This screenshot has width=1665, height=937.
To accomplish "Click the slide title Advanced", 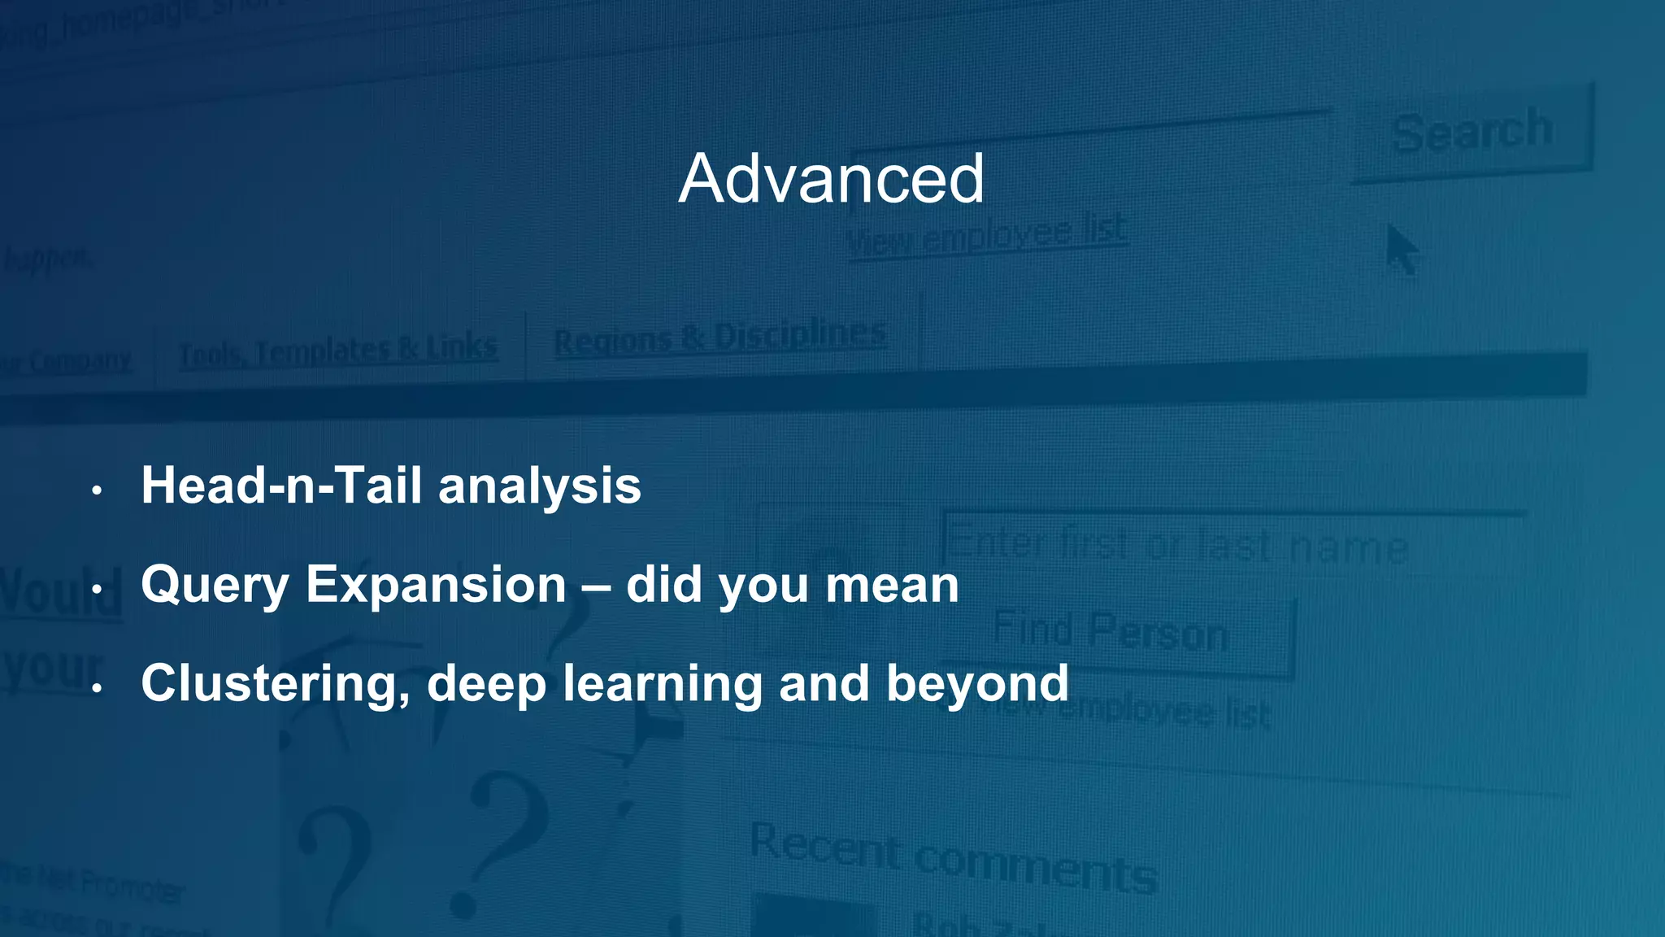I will (831, 179).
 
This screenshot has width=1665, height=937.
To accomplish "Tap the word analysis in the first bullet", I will (540, 488).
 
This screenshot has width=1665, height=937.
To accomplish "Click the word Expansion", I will (436, 585).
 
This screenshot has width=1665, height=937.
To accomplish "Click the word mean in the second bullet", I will (892, 586).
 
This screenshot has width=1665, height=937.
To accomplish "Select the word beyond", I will (977, 684).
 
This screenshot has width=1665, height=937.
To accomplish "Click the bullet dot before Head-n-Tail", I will (97, 490).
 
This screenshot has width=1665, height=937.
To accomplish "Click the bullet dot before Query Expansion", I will (97, 589).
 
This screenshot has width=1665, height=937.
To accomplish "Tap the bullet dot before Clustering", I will (97, 688).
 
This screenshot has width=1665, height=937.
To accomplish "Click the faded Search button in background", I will (1472, 133).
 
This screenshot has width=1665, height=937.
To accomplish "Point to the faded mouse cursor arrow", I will (1400, 249).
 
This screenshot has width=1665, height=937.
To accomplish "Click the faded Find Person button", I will (1111, 632).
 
